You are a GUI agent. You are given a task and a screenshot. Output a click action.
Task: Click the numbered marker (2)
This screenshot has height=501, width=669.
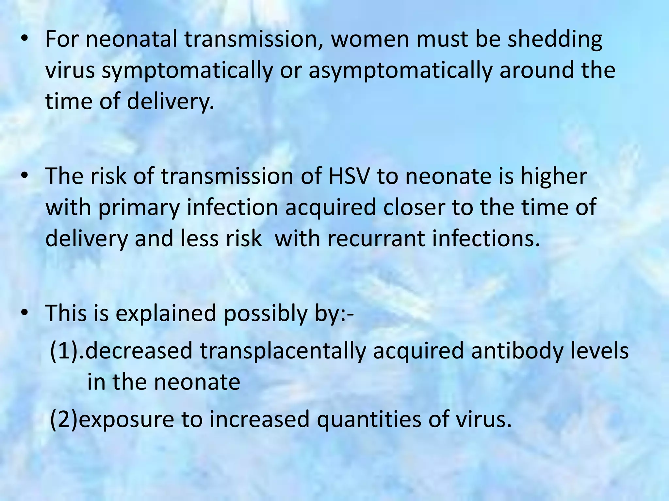pyautogui.click(x=64, y=420)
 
